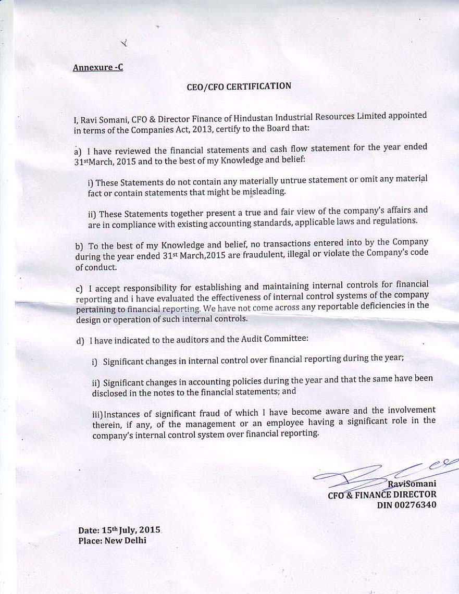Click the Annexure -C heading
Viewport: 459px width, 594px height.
coord(98,67)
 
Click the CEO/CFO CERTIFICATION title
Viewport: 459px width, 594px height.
coord(239,86)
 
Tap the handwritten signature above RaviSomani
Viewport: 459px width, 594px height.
coord(386,472)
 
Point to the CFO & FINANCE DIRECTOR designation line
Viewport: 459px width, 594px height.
coord(382,494)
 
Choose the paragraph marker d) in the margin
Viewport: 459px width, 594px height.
coord(80,341)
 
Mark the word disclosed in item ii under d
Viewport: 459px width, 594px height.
coord(113,393)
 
